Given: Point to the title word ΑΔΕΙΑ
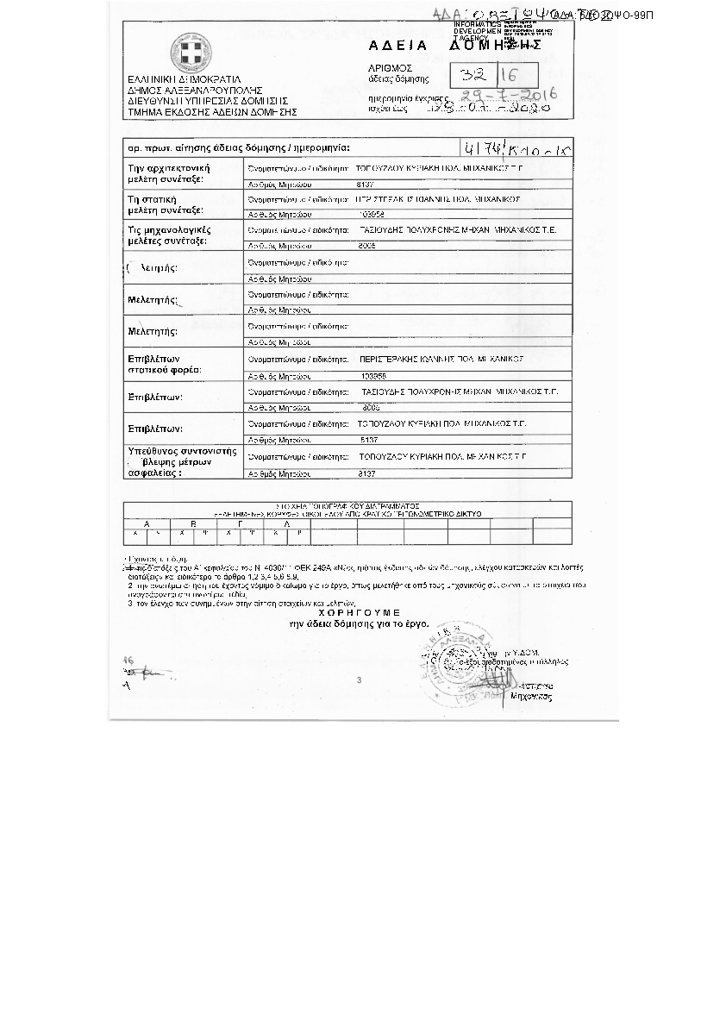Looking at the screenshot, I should pos(392,45).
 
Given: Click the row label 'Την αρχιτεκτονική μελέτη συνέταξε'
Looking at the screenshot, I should pos(169,173).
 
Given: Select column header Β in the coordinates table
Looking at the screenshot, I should pos(193,524).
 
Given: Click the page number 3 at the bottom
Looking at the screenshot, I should pos(359,680).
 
